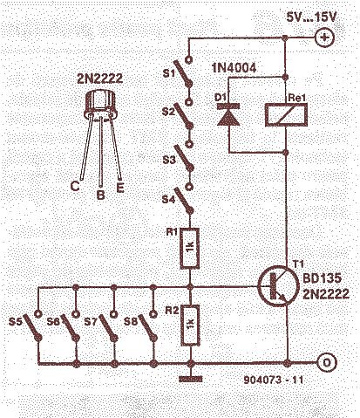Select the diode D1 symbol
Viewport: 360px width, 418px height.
point(228,114)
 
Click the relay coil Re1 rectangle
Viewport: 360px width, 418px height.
point(286,115)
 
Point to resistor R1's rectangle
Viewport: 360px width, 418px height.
point(190,248)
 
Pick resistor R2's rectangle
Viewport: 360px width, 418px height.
point(190,325)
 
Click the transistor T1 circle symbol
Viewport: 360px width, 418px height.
point(278,285)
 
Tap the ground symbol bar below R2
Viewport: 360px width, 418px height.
point(191,379)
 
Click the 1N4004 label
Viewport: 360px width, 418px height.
point(234,68)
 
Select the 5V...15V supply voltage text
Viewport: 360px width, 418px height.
point(311,17)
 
